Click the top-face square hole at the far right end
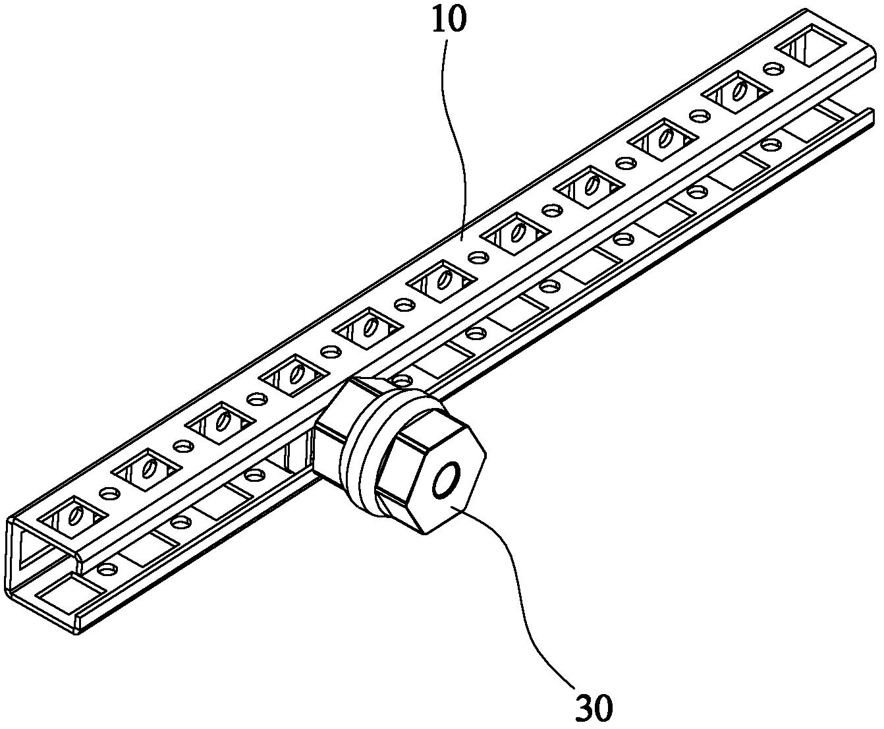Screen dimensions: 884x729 pyautogui.click(x=811, y=51)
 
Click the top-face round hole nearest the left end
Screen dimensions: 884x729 pyautogui.click(x=109, y=493)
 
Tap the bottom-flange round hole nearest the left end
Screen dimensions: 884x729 pyautogui.click(x=106, y=569)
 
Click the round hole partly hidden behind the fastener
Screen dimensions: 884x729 pyautogui.click(x=402, y=380)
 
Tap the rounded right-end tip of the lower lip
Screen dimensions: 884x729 pyautogui.click(x=871, y=115)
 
